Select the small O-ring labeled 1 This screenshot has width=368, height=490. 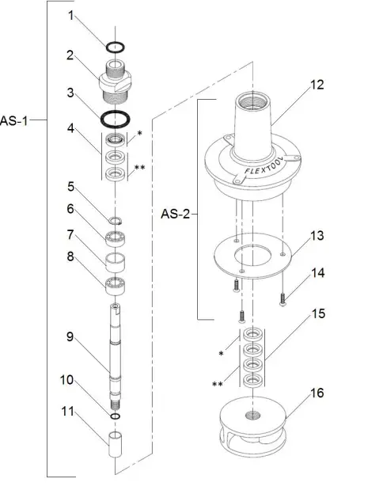click(x=116, y=47)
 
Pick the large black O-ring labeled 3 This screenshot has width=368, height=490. click(x=116, y=120)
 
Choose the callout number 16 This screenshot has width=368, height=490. click(x=316, y=393)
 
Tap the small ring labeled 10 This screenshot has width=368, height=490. click(x=116, y=416)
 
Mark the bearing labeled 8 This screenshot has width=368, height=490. click(x=116, y=283)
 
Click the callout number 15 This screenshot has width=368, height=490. click(x=317, y=313)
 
